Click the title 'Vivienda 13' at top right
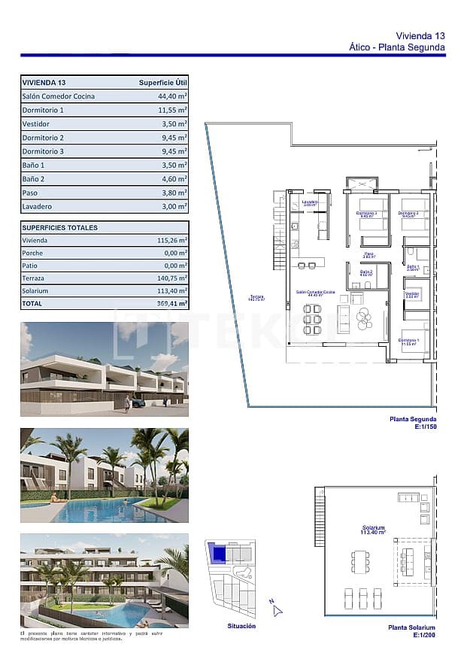point(420,35)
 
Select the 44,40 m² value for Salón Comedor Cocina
point(172,96)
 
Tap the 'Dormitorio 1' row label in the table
point(43,110)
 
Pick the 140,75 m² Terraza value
point(172,278)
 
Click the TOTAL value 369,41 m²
point(172,304)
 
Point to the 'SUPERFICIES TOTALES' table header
point(60,227)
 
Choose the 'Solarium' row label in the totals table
point(35,290)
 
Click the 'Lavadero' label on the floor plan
point(310,202)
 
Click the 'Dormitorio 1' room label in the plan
point(409,342)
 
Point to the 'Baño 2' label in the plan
point(366,272)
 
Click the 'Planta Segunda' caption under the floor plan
point(413,419)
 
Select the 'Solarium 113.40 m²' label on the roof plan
point(372,530)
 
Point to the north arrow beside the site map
point(276,609)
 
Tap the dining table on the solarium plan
point(357,561)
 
